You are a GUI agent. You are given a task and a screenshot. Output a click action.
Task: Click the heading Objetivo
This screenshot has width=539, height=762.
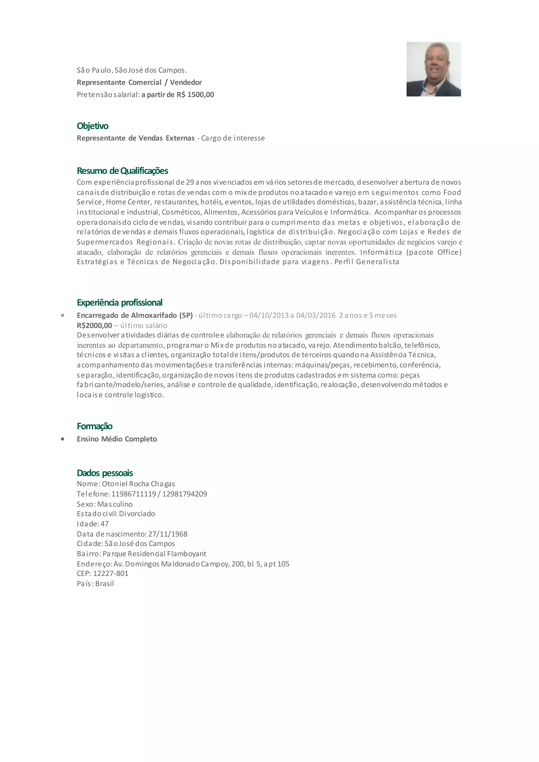pos(93,126)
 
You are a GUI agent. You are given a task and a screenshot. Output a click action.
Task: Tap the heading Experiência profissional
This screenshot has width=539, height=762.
pos(119,302)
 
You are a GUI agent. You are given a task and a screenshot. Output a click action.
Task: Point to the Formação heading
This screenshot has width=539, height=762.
pos(94,426)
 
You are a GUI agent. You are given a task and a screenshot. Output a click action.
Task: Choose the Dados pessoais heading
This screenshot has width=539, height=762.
pos(105,473)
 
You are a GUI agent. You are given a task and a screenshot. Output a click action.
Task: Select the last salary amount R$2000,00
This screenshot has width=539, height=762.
pos(94,325)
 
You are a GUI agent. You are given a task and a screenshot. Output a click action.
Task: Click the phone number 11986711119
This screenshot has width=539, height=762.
pos(133,494)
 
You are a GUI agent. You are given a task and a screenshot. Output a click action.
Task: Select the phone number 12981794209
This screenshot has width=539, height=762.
pos(184,494)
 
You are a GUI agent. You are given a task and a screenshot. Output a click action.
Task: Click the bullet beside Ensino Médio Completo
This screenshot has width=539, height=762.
pos(62,439)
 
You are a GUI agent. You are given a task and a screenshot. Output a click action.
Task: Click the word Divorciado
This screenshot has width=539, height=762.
pos(137,514)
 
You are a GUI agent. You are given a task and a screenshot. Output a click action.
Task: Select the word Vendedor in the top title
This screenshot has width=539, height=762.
pos(186,82)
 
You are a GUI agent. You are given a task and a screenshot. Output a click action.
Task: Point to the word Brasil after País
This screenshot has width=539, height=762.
pos(104,583)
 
